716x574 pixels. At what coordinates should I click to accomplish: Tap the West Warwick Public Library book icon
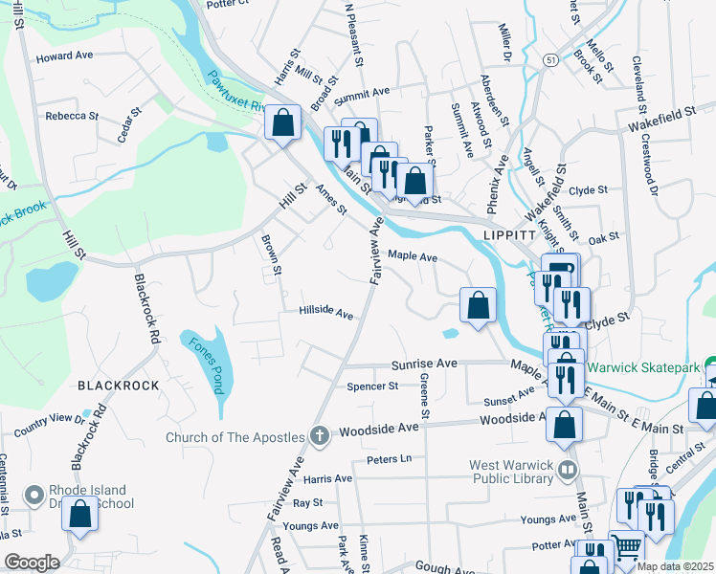click(x=568, y=469)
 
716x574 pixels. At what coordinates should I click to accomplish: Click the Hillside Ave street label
click(x=326, y=313)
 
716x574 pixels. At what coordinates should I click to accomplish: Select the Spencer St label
click(x=372, y=386)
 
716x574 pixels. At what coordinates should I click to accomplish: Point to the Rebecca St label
click(x=72, y=116)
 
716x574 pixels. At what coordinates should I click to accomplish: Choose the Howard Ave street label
click(x=64, y=56)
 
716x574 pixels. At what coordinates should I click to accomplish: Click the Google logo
click(x=33, y=562)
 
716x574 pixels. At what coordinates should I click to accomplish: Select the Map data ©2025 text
click(x=674, y=566)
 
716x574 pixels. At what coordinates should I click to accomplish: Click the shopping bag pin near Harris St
click(x=282, y=123)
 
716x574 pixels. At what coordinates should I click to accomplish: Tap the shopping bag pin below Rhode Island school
click(x=80, y=514)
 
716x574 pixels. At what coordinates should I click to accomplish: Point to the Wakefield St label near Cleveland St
click(x=661, y=121)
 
